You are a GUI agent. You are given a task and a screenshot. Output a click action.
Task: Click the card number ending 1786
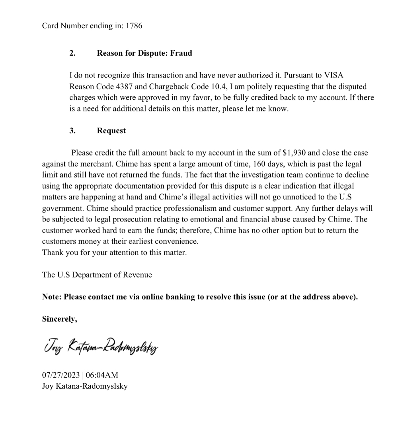pyautogui.click(x=134, y=26)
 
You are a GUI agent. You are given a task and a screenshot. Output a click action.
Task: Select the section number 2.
pyautogui.click(x=72, y=53)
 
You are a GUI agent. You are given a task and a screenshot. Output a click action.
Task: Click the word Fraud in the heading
pyautogui.click(x=181, y=53)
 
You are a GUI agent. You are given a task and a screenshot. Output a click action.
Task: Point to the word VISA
pyautogui.click(x=334, y=76)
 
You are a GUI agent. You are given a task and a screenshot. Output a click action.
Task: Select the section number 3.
pyautogui.click(x=72, y=131)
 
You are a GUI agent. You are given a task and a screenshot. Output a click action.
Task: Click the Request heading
pyautogui.click(x=111, y=131)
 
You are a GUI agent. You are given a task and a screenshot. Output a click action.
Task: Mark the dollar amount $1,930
pyautogui.click(x=294, y=153)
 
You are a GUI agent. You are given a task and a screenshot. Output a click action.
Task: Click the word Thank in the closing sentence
pyautogui.click(x=53, y=253)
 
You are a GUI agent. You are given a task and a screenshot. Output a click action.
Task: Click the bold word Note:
pyautogui.click(x=52, y=297)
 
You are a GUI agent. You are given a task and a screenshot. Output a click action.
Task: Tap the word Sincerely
pyautogui.click(x=59, y=319)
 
